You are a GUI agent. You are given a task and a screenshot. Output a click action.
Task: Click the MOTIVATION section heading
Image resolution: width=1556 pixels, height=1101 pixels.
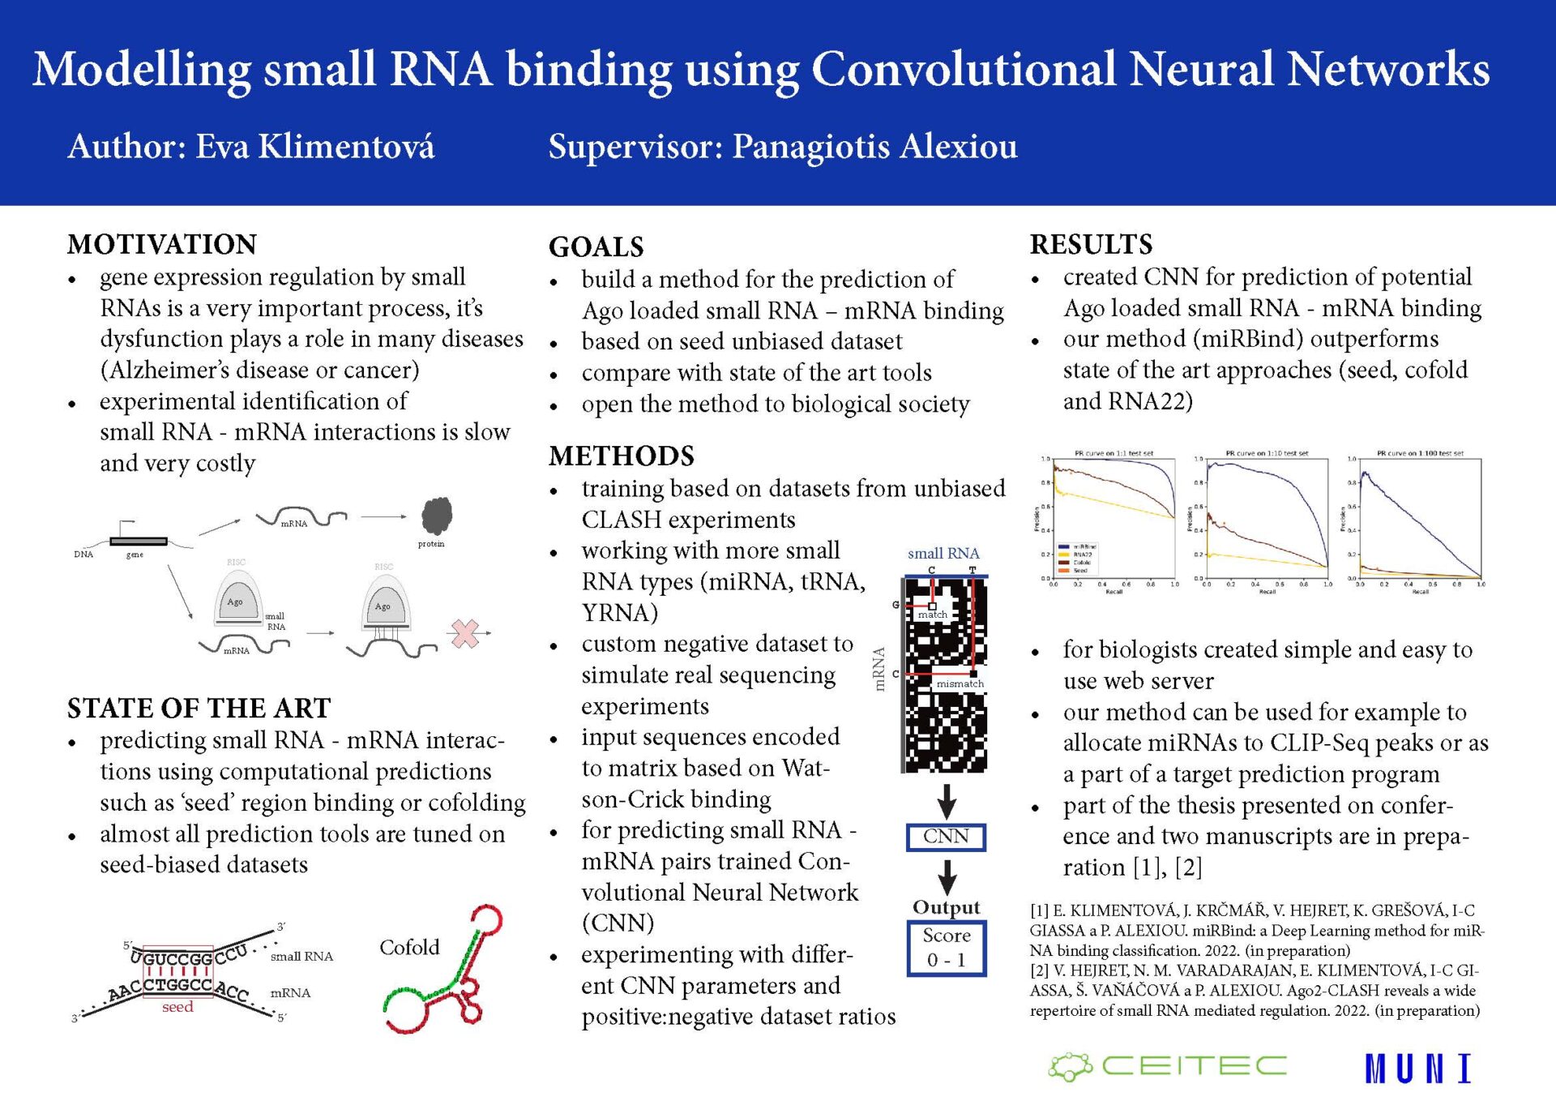pyautogui.click(x=162, y=244)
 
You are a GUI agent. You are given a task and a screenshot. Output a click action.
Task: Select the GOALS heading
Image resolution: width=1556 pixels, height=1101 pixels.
pyautogui.click(x=596, y=246)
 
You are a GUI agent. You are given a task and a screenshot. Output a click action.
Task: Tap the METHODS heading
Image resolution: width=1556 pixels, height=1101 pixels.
pyautogui.click(x=622, y=456)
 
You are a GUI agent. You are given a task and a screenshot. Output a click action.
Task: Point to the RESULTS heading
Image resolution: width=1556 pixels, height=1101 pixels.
pyautogui.click(x=1091, y=244)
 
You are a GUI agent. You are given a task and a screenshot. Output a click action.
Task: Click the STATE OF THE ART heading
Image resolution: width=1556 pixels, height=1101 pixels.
pyautogui.click(x=199, y=708)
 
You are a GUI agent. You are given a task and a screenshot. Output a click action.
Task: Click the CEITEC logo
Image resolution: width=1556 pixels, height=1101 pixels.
pyautogui.click(x=1168, y=1066)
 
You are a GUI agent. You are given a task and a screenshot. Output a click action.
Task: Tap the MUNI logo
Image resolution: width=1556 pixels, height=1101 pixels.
pyautogui.click(x=1417, y=1069)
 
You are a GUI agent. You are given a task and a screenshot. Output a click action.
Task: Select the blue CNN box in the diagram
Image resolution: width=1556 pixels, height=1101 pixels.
pyautogui.click(x=946, y=837)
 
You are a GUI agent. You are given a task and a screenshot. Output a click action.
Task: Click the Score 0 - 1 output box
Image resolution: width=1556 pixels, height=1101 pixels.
pyautogui.click(x=946, y=948)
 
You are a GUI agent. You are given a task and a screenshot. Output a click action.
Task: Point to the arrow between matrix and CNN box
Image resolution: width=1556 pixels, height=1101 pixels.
pyautogui.click(x=947, y=800)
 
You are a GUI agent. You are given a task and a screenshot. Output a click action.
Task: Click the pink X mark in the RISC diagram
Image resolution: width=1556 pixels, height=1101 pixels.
pyautogui.click(x=465, y=633)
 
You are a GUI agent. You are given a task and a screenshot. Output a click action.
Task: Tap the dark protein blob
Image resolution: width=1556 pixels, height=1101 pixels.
pyautogui.click(x=436, y=516)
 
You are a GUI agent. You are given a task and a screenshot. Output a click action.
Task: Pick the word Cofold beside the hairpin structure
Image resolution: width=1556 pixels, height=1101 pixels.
pyautogui.click(x=409, y=947)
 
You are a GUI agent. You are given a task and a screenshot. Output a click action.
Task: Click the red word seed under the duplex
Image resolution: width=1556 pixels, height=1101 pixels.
pyautogui.click(x=177, y=1007)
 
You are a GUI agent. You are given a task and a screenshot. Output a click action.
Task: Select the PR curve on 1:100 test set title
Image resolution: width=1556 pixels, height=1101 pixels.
pyautogui.click(x=1420, y=453)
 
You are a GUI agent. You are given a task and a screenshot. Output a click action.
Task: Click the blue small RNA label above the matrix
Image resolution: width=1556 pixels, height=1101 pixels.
pyautogui.click(x=943, y=553)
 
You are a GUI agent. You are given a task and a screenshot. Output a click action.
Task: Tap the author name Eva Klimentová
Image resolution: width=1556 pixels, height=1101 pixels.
pyautogui.click(x=315, y=147)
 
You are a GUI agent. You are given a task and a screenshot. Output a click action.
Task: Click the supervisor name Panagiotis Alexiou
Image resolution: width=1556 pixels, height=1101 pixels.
pyautogui.click(x=874, y=147)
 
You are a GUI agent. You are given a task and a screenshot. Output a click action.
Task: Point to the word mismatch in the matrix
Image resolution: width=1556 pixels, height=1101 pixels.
pyautogui.click(x=960, y=683)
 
